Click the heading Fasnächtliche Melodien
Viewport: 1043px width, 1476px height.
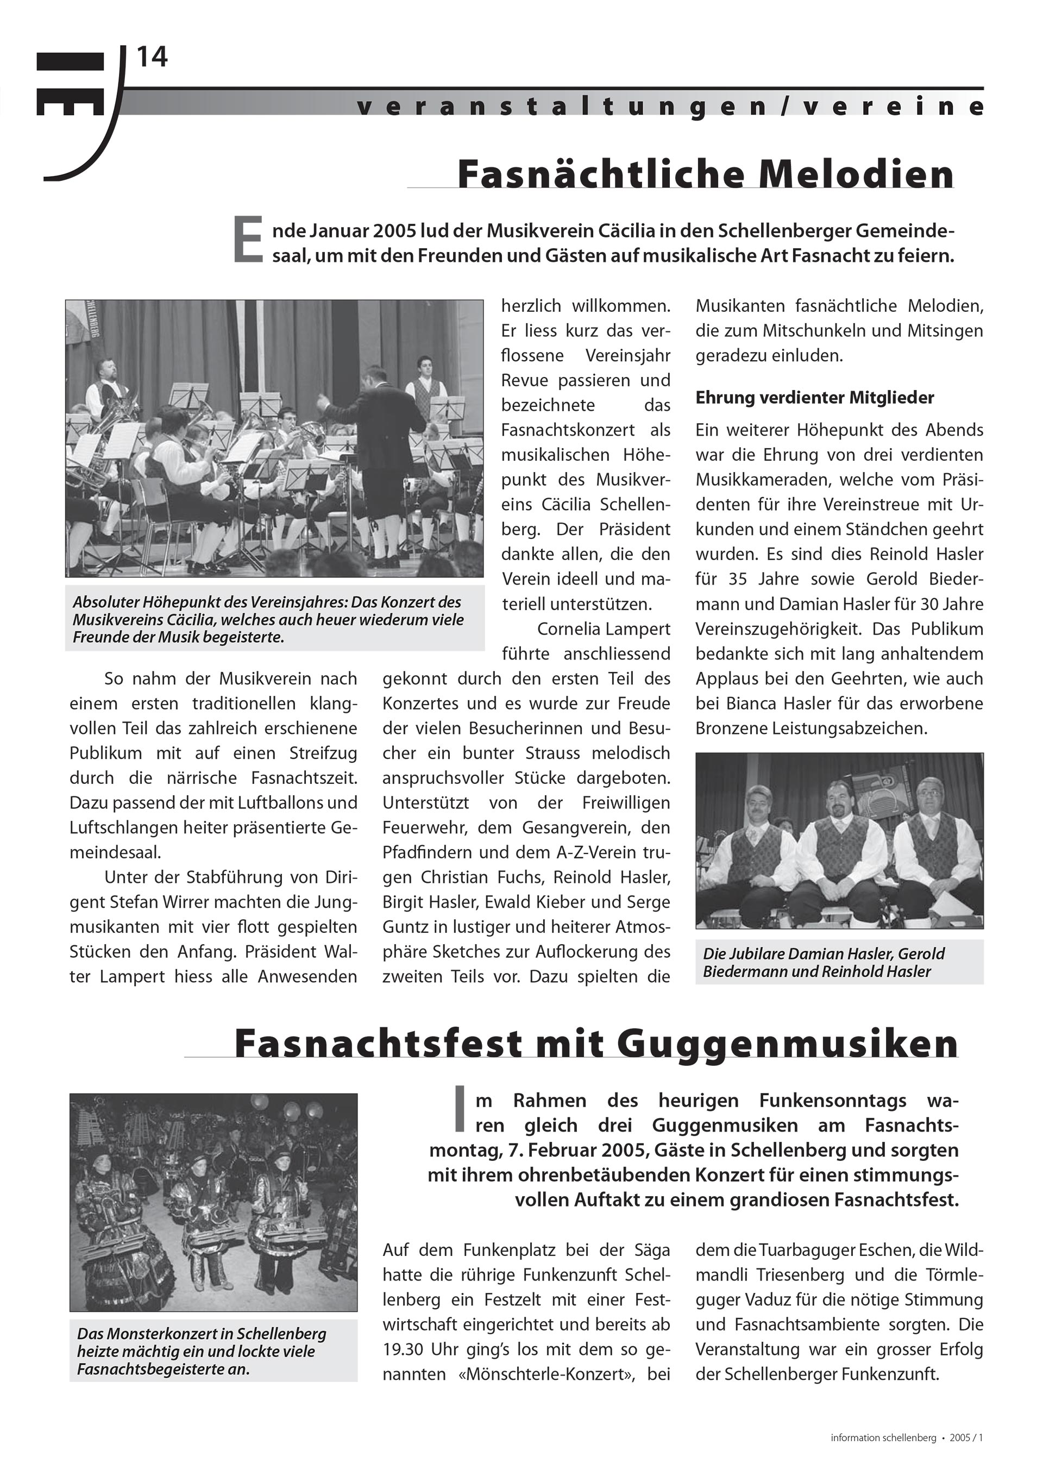click(x=706, y=174)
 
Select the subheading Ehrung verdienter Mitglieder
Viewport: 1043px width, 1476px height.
click(x=814, y=398)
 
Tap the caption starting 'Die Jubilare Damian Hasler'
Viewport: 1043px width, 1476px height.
click(x=823, y=962)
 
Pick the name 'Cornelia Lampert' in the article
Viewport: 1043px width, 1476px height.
click(x=603, y=629)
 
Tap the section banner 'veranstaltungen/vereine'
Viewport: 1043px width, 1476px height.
click(x=669, y=106)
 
